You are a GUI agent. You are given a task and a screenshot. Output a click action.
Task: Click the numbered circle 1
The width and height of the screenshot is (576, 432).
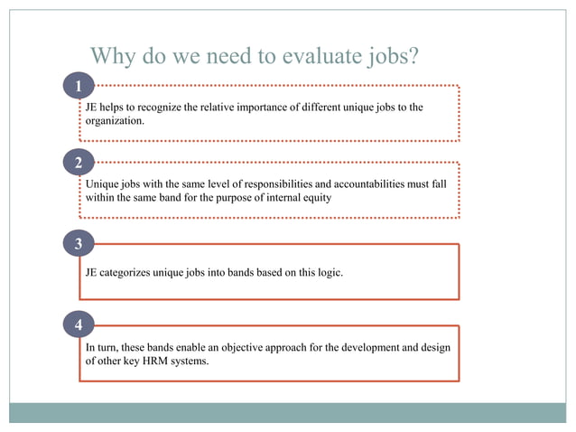click(79, 86)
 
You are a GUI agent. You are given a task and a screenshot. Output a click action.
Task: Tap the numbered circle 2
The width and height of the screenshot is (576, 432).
click(79, 164)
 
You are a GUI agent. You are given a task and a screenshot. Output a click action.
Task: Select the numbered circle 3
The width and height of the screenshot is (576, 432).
click(79, 244)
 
